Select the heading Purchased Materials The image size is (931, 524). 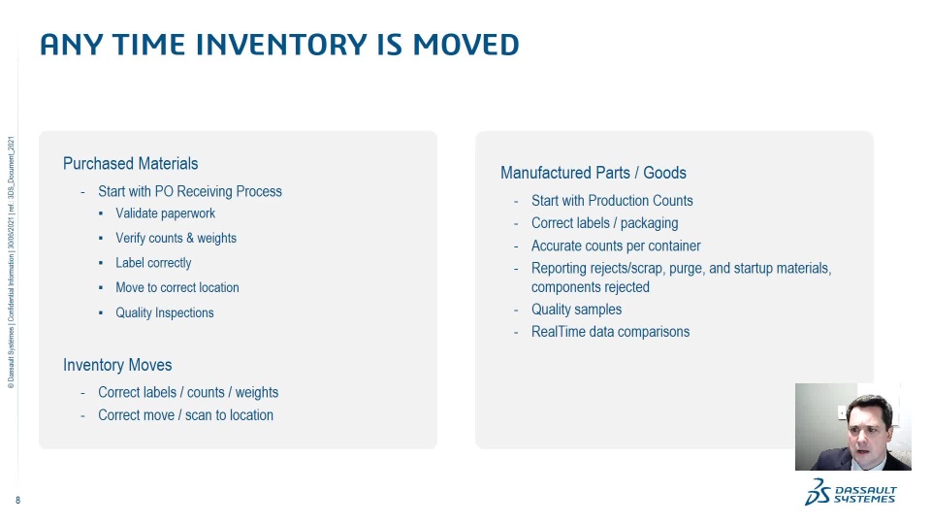131,163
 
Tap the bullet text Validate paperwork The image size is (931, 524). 165,213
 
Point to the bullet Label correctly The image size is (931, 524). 153,263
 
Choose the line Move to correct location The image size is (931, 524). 177,287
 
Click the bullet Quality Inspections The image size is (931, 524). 165,312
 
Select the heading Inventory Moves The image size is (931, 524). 117,365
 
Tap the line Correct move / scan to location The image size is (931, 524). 186,415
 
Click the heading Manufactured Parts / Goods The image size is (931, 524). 594,173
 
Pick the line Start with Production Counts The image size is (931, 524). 612,201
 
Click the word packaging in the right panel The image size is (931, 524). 649,223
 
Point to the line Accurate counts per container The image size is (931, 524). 616,246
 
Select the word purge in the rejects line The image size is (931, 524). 687,269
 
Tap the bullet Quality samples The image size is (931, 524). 576,310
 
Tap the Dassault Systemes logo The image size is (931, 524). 851,493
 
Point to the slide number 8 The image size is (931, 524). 17,501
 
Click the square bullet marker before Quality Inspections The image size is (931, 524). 101,312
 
